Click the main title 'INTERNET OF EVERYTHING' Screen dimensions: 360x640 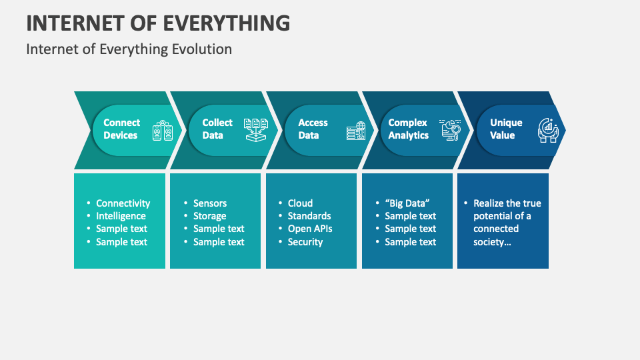pyautogui.click(x=158, y=23)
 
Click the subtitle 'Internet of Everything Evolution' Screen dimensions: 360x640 pyautogui.click(x=129, y=49)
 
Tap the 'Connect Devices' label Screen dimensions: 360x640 pyautogui.click(x=121, y=129)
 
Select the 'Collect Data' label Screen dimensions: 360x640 pyautogui.click(x=217, y=129)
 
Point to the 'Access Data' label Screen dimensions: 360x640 pyautogui.click(x=313, y=129)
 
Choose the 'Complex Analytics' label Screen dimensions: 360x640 pyautogui.click(x=408, y=129)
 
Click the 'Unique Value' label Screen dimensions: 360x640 pyautogui.click(x=506, y=129)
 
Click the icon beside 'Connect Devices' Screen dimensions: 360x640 pyautogui.click(x=163, y=131)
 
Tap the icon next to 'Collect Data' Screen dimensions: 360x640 pyautogui.click(x=255, y=130)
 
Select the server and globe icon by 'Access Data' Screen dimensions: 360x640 pyautogui.click(x=356, y=131)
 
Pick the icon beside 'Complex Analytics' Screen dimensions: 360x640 pyautogui.click(x=451, y=130)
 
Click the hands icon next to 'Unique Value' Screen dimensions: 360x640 pyautogui.click(x=547, y=130)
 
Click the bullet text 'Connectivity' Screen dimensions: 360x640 pyautogui.click(x=123, y=203)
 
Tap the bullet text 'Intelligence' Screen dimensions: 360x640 pyautogui.click(x=121, y=216)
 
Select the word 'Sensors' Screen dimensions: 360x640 pyautogui.click(x=210, y=203)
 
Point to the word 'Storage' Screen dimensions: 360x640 pyautogui.click(x=209, y=216)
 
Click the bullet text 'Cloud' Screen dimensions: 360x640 pyautogui.click(x=300, y=203)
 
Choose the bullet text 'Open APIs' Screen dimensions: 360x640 pyautogui.click(x=310, y=229)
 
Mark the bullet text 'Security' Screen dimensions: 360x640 pyautogui.click(x=305, y=242)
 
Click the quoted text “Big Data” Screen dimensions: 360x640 pyautogui.click(x=407, y=203)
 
